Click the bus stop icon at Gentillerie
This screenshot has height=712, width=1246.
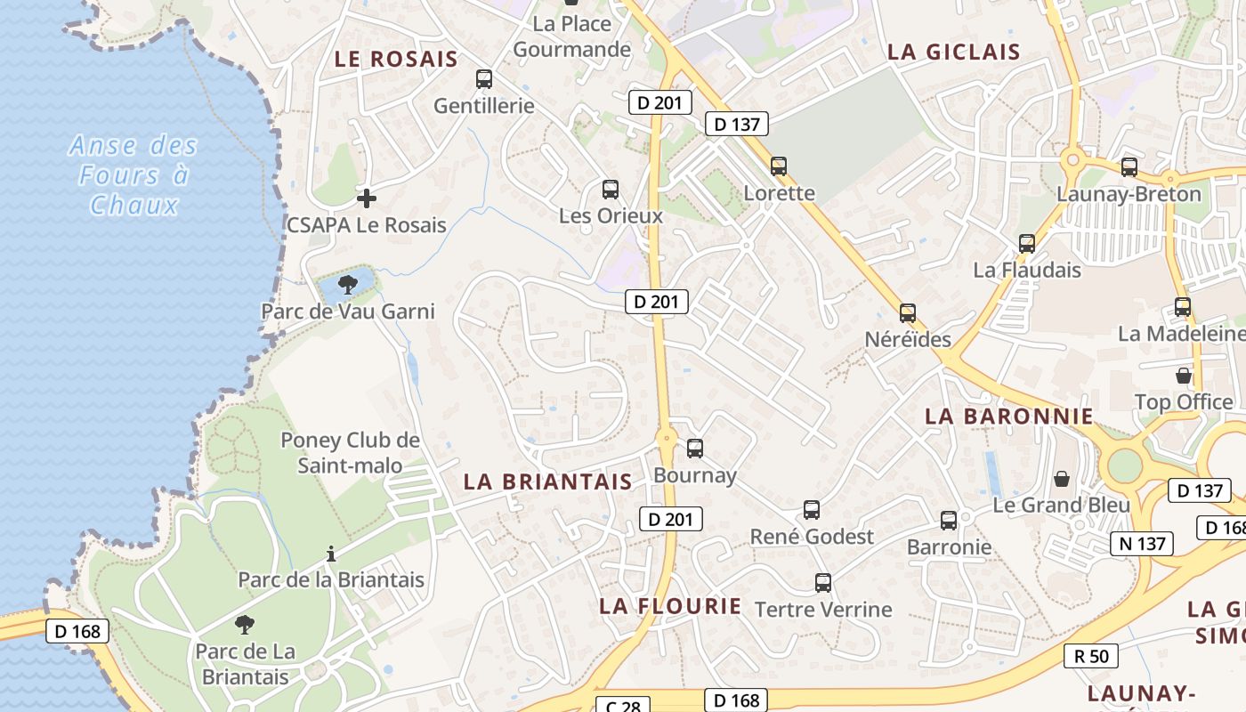pyautogui.click(x=484, y=79)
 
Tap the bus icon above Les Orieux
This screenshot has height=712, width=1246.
pyautogui.click(x=611, y=190)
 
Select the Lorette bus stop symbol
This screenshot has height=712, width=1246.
pyautogui.click(x=779, y=166)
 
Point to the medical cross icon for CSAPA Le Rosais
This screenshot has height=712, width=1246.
pyautogui.click(x=366, y=198)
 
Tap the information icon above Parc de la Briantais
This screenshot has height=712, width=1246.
pyautogui.click(x=331, y=554)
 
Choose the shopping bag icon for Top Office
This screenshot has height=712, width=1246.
pyautogui.click(x=1184, y=376)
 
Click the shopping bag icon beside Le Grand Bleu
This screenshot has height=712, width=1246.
pyautogui.click(x=1062, y=479)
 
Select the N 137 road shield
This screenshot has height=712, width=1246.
pyautogui.click(x=1142, y=543)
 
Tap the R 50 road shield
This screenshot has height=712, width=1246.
pyautogui.click(x=1091, y=656)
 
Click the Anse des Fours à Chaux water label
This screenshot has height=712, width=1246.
pyautogui.click(x=133, y=175)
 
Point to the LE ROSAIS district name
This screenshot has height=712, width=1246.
pyautogui.click(x=395, y=60)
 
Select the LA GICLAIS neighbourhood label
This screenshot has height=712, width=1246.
pyautogui.click(x=953, y=52)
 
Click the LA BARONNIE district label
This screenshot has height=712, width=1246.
pyautogui.click(x=1008, y=416)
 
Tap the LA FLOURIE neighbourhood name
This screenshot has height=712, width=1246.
pyautogui.click(x=669, y=606)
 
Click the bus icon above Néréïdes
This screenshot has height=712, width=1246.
pyautogui.click(x=908, y=313)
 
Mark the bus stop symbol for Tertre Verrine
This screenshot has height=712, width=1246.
pyautogui.click(x=823, y=584)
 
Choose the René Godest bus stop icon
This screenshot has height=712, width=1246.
pyautogui.click(x=812, y=510)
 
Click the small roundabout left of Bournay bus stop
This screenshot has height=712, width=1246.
pyautogui.click(x=665, y=437)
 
